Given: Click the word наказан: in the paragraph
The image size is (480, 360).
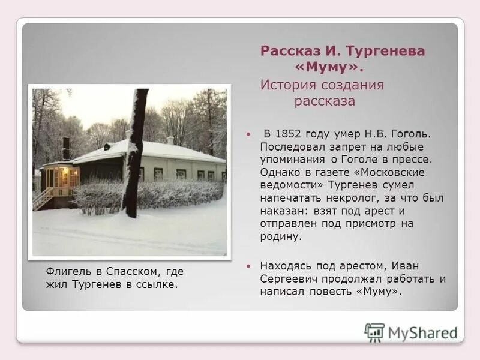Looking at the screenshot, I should pos(284,211).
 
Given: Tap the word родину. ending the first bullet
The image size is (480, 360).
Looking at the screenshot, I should pos(280,237).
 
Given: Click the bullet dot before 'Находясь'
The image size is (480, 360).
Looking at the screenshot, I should pos(247,266).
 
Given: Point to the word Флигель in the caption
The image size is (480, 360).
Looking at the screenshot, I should pos(67,271).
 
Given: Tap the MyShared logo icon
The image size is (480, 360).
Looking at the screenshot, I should pos(374,332).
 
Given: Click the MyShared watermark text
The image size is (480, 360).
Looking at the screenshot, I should pos(422,333).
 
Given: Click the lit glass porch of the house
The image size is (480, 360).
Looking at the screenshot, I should pos(62,177).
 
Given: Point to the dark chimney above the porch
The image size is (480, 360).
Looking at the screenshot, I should pos(66,148).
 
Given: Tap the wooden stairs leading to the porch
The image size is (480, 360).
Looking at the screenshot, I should pos(43,199).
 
